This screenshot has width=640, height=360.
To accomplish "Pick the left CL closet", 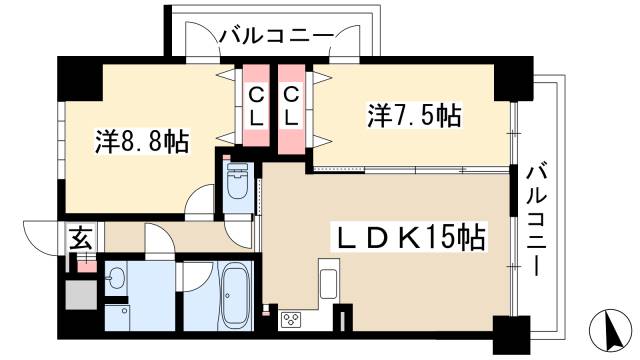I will pyautogui.click(x=256, y=106).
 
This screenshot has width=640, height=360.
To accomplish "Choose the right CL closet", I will pyautogui.click(x=291, y=106).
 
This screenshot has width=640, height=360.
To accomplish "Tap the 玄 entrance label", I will pyautogui.click(x=78, y=239).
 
